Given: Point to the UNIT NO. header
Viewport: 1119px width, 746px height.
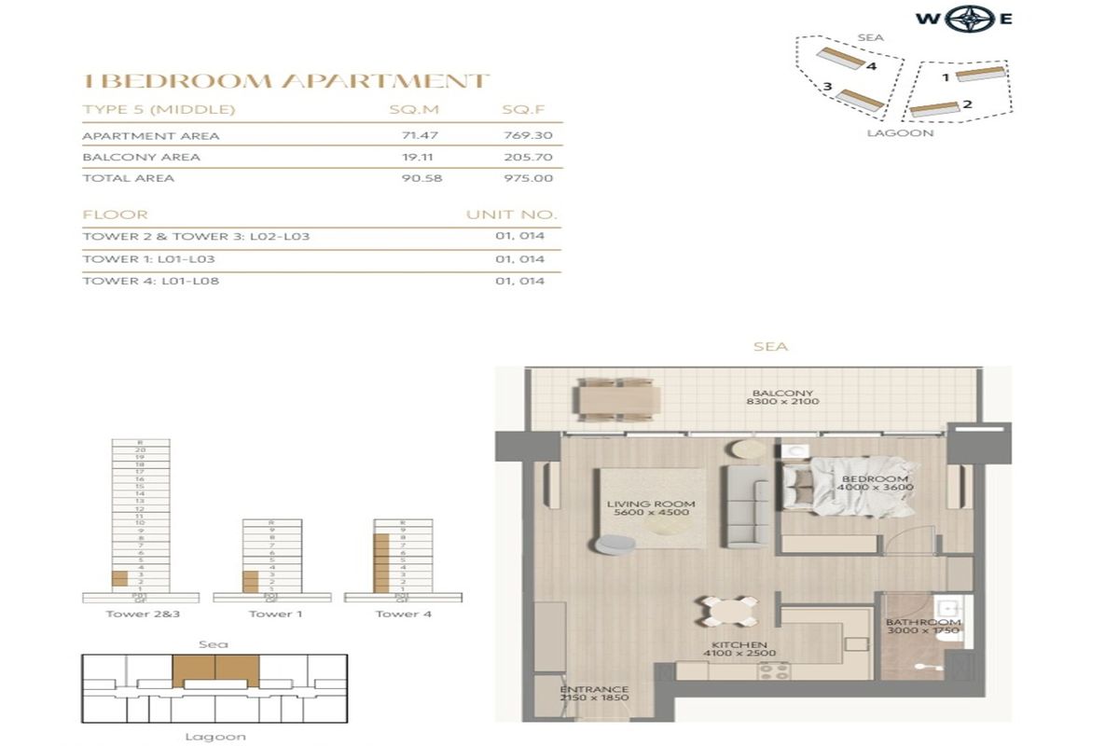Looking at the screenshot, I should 511,215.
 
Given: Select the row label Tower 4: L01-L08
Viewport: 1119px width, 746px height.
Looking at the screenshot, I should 151,281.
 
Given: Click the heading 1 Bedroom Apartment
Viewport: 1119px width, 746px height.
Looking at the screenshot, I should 285,81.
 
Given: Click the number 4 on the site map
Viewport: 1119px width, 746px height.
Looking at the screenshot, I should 870,66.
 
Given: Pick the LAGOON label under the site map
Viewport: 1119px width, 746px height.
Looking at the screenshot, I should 900,133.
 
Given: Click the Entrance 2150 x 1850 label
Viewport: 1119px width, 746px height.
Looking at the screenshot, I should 594,695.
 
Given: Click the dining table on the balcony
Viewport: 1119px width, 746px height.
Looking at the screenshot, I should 619,398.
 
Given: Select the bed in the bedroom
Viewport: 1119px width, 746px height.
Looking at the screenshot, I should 847,487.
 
